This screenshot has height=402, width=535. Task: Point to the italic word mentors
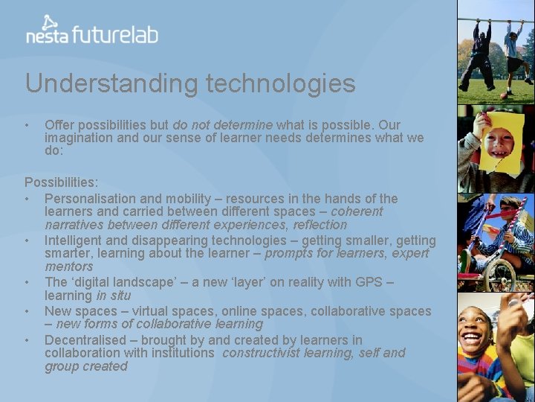(69, 267)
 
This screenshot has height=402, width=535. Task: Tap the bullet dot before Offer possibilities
(27, 125)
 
